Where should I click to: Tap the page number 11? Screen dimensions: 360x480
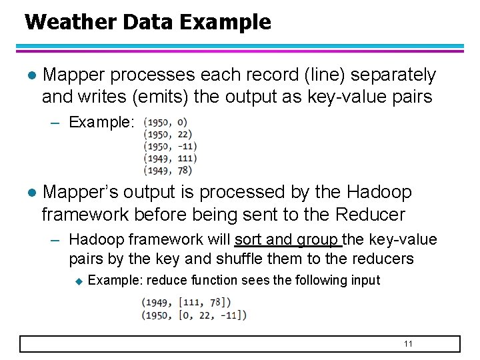pos(409,343)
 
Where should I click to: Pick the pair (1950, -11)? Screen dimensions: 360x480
pos(170,146)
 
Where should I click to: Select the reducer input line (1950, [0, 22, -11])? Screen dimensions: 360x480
pos(194,315)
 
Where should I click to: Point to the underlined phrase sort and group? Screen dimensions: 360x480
pos(288,239)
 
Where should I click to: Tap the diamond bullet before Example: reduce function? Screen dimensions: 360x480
pos(78,281)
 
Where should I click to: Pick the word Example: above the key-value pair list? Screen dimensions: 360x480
pos(102,123)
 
